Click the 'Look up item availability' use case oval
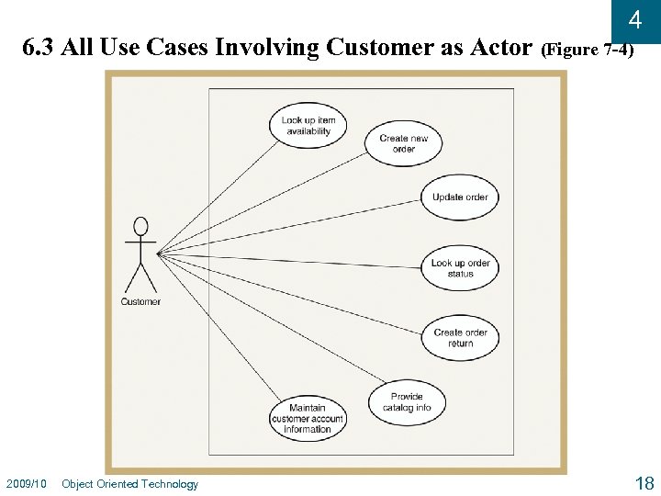coord(308,125)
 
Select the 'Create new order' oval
coord(404,143)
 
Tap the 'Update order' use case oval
coord(460,197)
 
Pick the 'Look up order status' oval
coord(460,268)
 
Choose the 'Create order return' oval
coord(460,338)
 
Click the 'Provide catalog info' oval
coord(406,402)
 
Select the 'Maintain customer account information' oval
coord(307,418)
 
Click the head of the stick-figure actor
coord(140,225)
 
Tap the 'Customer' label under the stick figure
coord(140,301)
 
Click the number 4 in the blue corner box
coord(634,20)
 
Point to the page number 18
coord(644,483)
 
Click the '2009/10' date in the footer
coord(27,484)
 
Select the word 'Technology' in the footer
coord(170,484)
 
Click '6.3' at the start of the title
coord(38,47)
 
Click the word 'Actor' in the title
coord(502,47)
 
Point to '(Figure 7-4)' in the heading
coord(587,49)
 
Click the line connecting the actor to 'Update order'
coord(294,224)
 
